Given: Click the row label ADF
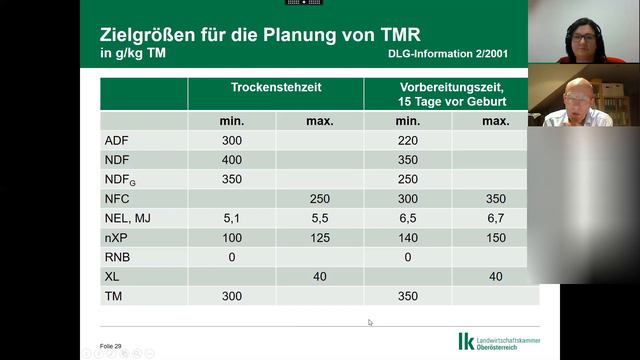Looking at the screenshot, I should point(117,141).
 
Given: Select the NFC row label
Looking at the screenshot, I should point(118,199).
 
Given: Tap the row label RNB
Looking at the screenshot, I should point(118,257).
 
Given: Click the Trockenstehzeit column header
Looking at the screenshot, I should point(276,88).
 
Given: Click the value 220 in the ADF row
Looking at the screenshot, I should point(408,141).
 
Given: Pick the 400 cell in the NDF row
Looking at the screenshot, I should point(232,160).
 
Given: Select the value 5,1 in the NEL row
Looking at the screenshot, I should point(232,218).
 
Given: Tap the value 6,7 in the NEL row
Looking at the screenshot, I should point(495,218).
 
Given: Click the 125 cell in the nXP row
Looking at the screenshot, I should point(320,237).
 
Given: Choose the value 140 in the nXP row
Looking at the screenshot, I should point(408,237).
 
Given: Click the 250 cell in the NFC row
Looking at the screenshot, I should point(320,199).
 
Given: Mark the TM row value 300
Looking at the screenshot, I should point(232,296).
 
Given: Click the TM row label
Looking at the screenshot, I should point(113,296).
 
